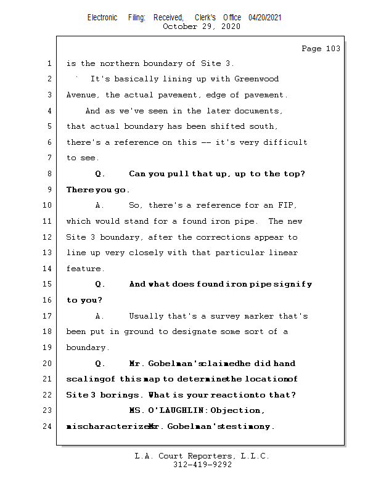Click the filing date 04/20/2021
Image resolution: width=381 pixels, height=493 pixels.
pyautogui.click(x=265, y=17)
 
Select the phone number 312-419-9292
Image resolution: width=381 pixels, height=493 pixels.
pyautogui.click(x=202, y=465)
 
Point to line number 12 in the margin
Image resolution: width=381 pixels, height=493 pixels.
pyautogui.click(x=49, y=237)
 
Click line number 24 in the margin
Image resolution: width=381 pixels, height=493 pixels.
pyautogui.click(x=49, y=426)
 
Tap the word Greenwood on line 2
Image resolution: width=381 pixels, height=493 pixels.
pyautogui.click(x=256, y=79)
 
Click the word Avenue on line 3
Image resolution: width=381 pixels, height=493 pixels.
pyautogui.click(x=83, y=95)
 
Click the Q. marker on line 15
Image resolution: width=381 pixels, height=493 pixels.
pyautogui.click(x=100, y=285)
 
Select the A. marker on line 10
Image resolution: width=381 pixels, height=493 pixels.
pyautogui.click(x=100, y=205)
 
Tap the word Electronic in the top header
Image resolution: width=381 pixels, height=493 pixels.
pyautogui.click(x=102, y=17)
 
